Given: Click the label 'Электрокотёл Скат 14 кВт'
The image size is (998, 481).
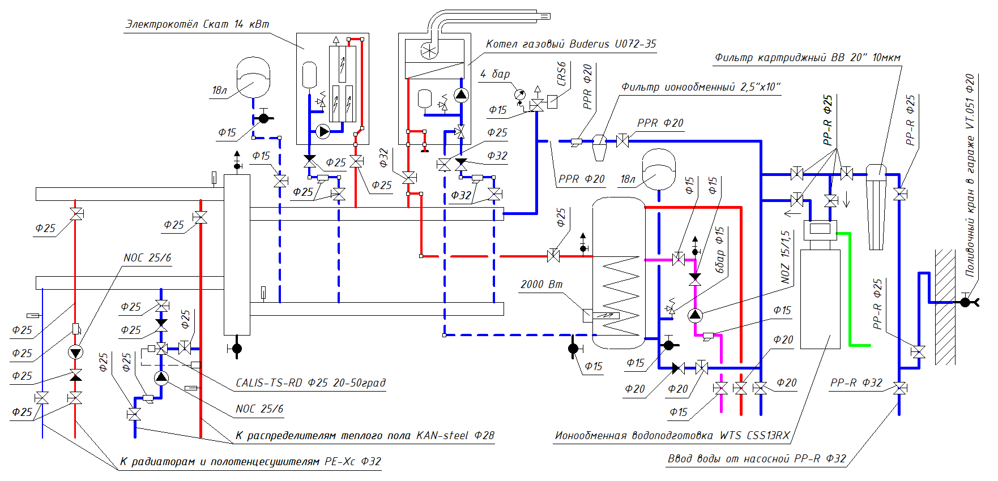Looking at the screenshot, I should (197, 24).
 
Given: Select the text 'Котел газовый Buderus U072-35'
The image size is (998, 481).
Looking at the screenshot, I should (570, 44).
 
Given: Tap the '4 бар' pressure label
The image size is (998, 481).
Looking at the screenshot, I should (495, 74).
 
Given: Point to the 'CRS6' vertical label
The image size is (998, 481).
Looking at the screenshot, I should (561, 74).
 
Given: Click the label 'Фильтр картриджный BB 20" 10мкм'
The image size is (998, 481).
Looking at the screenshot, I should (807, 58).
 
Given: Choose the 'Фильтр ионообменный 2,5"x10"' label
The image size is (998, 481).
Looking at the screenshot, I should (701, 87).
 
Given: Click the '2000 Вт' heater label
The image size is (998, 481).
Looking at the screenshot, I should (541, 284).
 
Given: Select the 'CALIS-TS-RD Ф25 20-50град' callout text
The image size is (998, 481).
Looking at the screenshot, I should (310, 383).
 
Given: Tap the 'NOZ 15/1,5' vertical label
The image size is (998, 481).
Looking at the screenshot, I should (785, 257).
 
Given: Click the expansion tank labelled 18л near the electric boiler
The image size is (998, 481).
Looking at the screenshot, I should (253, 76).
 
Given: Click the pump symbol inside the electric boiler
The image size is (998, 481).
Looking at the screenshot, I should (323, 132).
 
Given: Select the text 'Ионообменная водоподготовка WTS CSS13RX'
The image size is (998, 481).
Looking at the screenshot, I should (672, 436).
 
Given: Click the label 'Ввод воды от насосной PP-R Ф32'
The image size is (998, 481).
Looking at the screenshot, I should (757, 459).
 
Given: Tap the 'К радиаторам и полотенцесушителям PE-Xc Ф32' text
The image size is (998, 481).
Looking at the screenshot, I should (250, 462).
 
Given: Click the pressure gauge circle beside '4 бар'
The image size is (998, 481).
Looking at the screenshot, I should (519, 95).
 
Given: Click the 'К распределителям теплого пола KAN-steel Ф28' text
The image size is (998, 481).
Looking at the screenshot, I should (365, 436).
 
